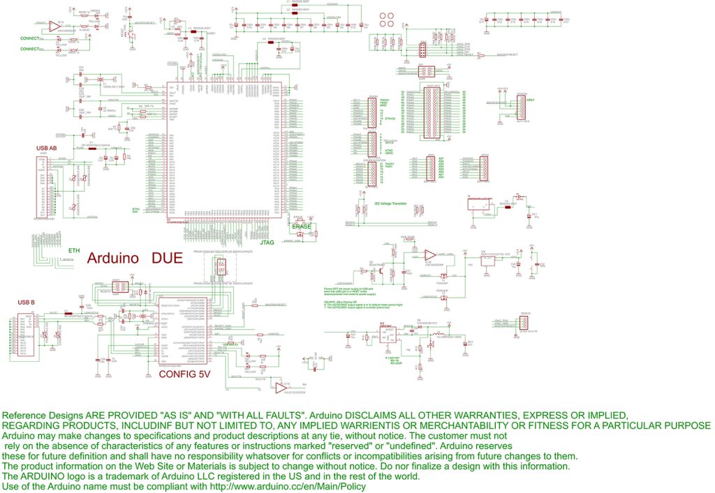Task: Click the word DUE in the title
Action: tap(167, 259)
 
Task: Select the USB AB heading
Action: tap(46, 149)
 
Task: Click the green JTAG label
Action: tap(267, 243)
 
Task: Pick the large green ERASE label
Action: tap(302, 227)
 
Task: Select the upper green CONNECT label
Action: tap(30, 38)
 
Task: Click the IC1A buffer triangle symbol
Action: tap(54, 27)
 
